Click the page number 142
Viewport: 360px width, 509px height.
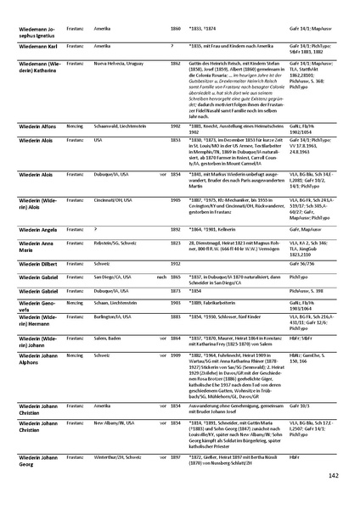point(334,476)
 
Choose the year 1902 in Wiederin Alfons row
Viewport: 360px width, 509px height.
point(177,125)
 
